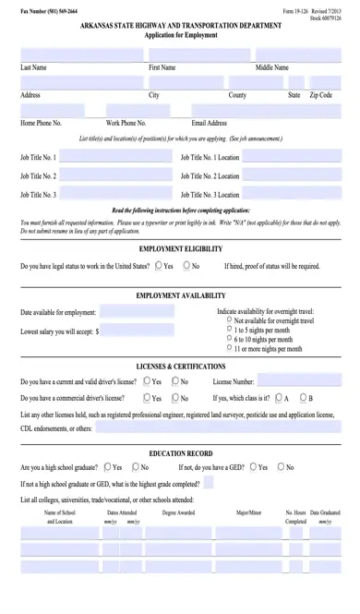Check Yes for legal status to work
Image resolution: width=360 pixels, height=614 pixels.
159,266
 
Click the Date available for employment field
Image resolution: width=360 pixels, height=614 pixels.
136,312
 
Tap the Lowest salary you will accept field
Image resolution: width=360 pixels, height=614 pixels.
136,330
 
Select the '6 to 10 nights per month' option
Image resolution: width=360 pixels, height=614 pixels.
229,339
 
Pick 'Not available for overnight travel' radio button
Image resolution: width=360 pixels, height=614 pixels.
229,320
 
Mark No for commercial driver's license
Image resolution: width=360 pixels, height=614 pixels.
174,398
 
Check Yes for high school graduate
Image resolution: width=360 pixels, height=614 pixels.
107,467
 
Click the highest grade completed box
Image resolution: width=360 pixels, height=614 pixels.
208,483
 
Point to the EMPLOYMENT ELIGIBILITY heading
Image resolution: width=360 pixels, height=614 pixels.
180,249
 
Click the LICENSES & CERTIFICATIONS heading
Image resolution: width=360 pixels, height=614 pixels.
180,365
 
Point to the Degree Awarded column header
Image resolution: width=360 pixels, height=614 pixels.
178,512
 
